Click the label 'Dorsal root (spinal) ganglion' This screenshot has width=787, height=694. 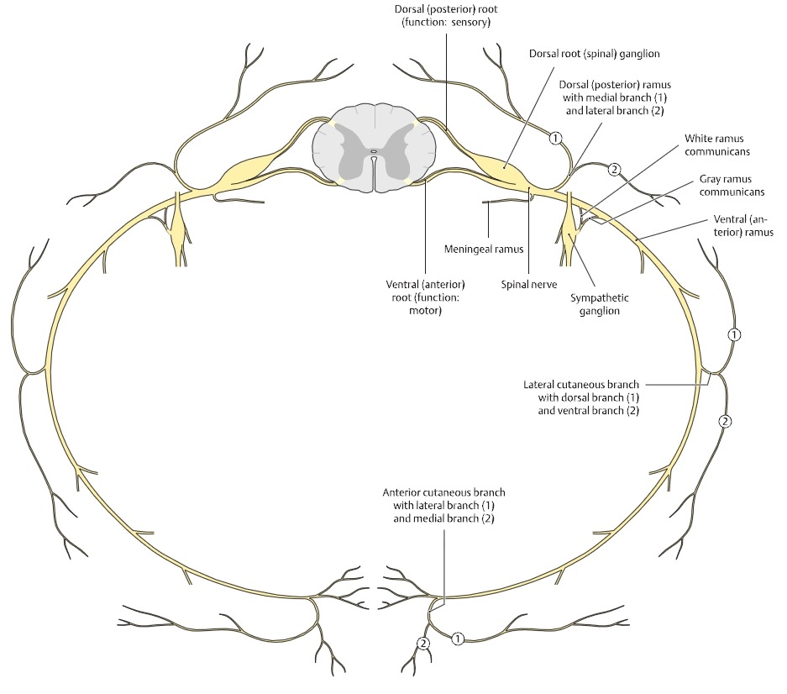594,52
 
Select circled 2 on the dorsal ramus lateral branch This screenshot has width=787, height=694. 614,169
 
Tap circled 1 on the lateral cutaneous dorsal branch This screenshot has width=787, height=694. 735,334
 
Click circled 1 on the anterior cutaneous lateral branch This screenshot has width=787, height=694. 458,639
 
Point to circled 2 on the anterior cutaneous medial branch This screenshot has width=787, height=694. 422,643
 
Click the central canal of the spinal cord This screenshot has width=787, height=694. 374,153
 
